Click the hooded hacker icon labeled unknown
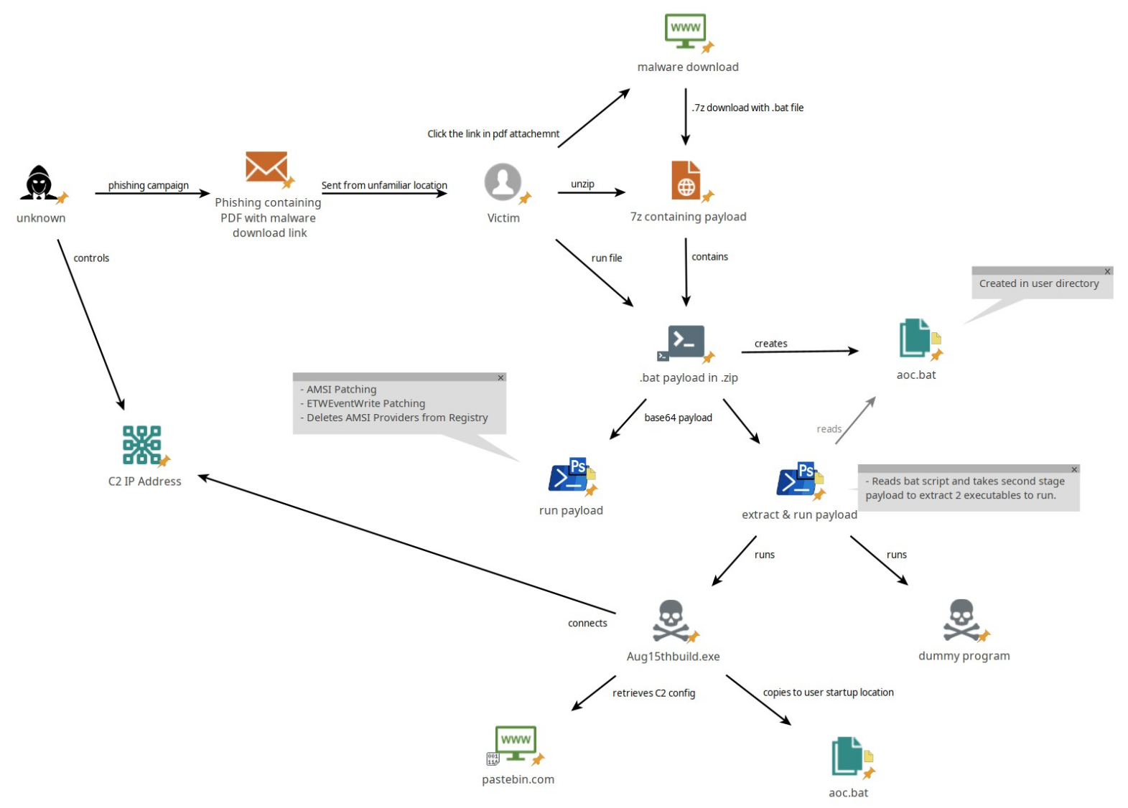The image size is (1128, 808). (x=39, y=183)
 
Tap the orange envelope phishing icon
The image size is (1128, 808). (x=266, y=167)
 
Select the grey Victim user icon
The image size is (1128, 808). (x=503, y=182)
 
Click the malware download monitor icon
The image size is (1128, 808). (x=685, y=31)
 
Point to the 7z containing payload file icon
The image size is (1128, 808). (x=686, y=180)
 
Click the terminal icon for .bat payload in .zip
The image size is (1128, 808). (x=685, y=342)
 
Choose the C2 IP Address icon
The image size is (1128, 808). (x=142, y=445)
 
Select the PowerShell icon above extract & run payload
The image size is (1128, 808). (x=797, y=480)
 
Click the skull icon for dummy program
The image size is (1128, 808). (x=961, y=619)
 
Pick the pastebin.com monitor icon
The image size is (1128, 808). (x=516, y=743)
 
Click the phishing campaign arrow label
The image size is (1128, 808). (x=148, y=185)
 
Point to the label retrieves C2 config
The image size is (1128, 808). (x=653, y=693)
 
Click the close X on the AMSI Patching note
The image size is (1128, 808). (x=500, y=377)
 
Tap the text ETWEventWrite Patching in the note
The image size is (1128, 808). (x=365, y=403)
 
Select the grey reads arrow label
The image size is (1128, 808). (x=829, y=429)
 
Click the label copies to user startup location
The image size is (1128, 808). (x=828, y=692)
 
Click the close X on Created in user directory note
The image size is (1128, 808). (x=1107, y=271)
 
